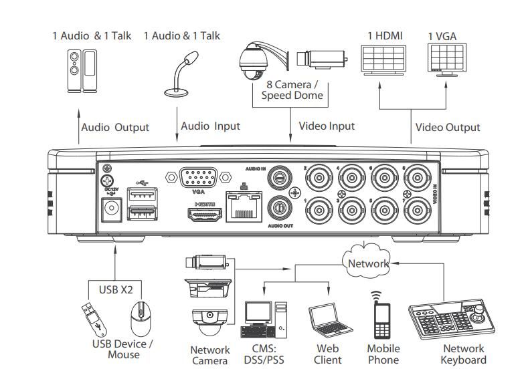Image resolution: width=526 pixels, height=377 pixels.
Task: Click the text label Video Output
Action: point(448,127)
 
